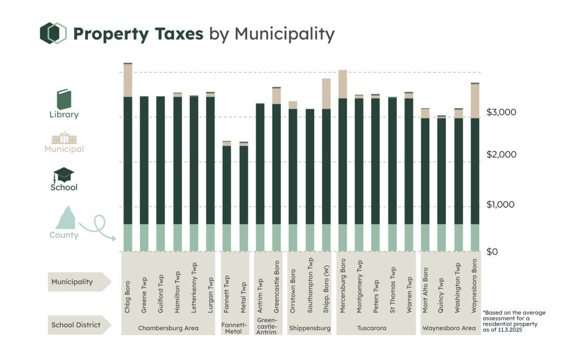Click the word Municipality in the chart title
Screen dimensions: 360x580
pos(284,34)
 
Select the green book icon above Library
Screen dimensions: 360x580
pos(63,99)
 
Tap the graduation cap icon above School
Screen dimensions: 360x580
pos(63,174)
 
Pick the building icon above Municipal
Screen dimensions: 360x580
pos(64,138)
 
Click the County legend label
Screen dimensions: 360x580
pos(63,235)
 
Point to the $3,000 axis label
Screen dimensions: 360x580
pos(501,112)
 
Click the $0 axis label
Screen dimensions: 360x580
pos(492,251)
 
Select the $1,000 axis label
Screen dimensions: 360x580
pos(501,204)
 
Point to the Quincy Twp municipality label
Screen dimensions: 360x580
pos(442,285)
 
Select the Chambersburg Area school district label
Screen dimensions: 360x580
pos(168,328)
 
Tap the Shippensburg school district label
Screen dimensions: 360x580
pos(309,328)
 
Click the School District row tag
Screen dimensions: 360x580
pos(76,325)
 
